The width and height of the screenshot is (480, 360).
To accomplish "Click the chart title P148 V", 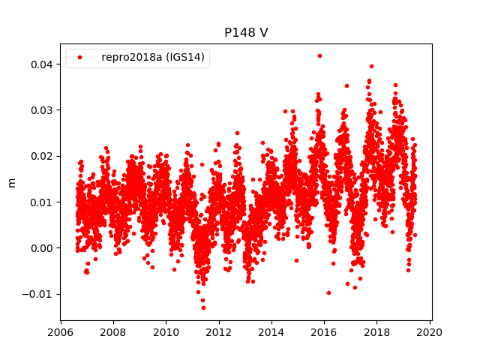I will pyautogui.click(x=246, y=33).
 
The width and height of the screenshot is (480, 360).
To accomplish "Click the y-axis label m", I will pyautogui.click(x=11, y=182).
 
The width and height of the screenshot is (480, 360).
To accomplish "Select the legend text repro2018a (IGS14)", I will pyautogui.click(x=154, y=57).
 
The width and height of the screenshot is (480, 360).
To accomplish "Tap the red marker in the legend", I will pyautogui.click(x=81, y=58).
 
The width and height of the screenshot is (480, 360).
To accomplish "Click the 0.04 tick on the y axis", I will pyautogui.click(x=42, y=64).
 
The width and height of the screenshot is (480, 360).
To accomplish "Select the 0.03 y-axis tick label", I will pyautogui.click(x=42, y=110).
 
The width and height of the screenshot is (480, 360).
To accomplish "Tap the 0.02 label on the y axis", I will pyautogui.click(x=42, y=156).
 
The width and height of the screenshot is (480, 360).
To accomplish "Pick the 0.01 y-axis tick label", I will pyautogui.click(x=42, y=202).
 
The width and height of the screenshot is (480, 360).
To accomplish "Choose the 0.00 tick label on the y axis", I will pyautogui.click(x=42, y=248).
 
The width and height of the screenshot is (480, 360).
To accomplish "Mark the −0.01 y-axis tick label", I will pyautogui.click(x=39, y=294).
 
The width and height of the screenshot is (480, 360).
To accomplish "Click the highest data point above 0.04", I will pyautogui.click(x=319, y=55).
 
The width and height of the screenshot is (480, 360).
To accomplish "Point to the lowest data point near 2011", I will pyautogui.click(x=202, y=307).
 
